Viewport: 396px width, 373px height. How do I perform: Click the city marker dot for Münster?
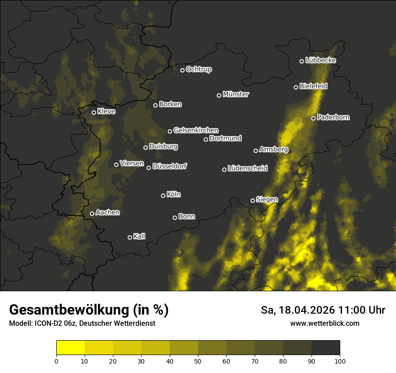(219, 95)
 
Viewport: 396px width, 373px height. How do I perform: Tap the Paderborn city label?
(333, 118)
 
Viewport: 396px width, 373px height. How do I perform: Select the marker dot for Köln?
(163, 195)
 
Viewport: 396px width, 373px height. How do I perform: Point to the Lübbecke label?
(320, 60)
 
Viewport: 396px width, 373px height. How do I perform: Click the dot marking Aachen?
(92, 213)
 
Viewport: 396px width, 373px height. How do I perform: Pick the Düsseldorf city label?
(170, 167)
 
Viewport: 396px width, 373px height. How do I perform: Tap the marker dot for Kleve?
(94, 112)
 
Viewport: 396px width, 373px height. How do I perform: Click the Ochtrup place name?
(198, 70)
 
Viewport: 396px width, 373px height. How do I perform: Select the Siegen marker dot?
(252, 200)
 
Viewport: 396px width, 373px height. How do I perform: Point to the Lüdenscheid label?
(247, 169)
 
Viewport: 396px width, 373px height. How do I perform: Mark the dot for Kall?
(130, 237)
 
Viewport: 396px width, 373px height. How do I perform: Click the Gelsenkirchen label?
(196, 131)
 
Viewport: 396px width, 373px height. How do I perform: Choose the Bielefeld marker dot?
(296, 87)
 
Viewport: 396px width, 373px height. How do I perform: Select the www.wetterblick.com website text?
(324, 323)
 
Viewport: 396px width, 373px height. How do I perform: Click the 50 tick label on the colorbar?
(198, 361)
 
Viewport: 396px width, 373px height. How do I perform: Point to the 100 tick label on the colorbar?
(339, 361)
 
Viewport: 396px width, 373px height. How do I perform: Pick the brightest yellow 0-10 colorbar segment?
(71, 348)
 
